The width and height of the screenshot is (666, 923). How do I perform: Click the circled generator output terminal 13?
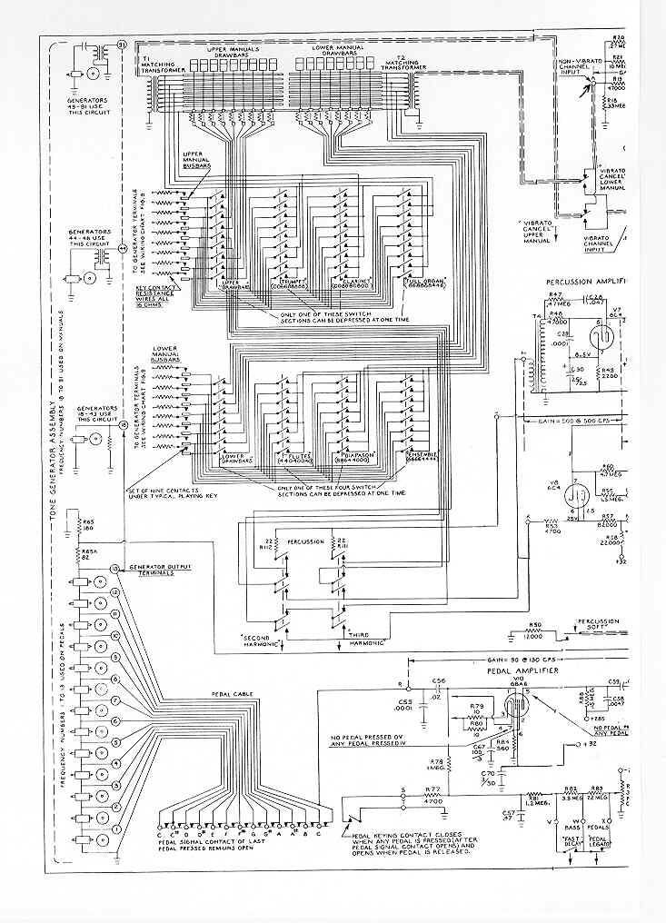point(115,569)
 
